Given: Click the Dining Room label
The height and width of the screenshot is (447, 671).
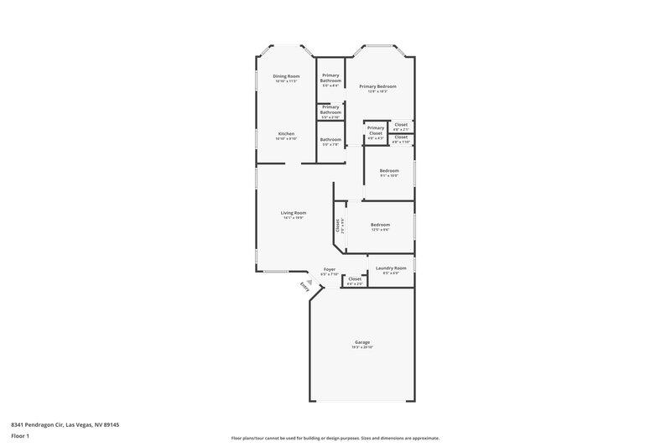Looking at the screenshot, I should click(286, 76).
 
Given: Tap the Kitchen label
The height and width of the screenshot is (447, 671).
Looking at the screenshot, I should click(286, 133).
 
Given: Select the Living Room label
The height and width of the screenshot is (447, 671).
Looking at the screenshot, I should click(293, 212).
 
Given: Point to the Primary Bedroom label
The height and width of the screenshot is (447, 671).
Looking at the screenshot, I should click(377, 86).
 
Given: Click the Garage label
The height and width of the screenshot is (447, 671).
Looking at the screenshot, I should click(362, 342).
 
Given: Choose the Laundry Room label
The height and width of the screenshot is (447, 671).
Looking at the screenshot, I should click(391, 268).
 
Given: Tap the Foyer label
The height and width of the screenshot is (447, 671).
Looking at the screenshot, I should click(330, 269).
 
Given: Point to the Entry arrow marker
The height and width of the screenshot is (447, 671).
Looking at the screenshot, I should click(310, 283).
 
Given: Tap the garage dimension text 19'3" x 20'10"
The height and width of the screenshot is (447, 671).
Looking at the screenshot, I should click(362, 347).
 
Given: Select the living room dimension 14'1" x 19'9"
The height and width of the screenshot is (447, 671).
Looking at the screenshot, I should click(293, 218).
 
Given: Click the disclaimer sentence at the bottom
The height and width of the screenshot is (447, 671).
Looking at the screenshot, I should click(335, 438).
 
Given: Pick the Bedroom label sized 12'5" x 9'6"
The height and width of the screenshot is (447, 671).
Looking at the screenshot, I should click(381, 224).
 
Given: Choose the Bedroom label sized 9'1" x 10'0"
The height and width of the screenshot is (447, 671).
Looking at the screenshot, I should click(388, 171).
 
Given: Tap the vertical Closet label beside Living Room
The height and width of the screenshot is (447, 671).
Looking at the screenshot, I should click(338, 225).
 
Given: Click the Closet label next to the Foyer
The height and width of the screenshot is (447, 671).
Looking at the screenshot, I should click(355, 278).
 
